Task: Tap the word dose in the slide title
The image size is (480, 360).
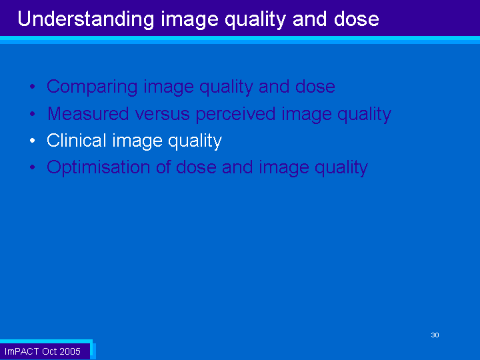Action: pos(356,19)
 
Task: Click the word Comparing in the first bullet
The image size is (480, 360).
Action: pos(92,87)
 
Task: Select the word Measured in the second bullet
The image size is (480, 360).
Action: pos(88,113)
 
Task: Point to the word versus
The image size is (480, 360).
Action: pos(162,115)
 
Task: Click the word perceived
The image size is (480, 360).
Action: pos(236,115)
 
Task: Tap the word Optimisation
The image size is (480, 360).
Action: pos(98,167)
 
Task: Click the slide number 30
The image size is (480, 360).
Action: pos(435,335)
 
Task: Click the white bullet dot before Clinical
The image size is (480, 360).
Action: pos(33,141)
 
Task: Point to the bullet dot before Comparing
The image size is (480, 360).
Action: pos(33,87)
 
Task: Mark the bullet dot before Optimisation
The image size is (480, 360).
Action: pos(33,167)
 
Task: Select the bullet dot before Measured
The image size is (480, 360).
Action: pos(33,114)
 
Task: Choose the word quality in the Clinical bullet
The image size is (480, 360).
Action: pos(195,141)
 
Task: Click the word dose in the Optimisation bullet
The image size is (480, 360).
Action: pos(196,167)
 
